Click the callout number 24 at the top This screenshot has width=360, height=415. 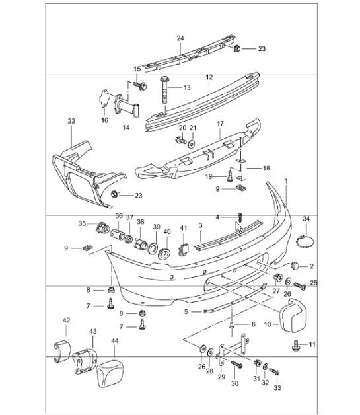(179, 38)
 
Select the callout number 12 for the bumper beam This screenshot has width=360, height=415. (209, 77)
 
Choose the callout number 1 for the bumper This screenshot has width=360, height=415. (286, 180)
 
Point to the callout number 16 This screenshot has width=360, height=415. (104, 121)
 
